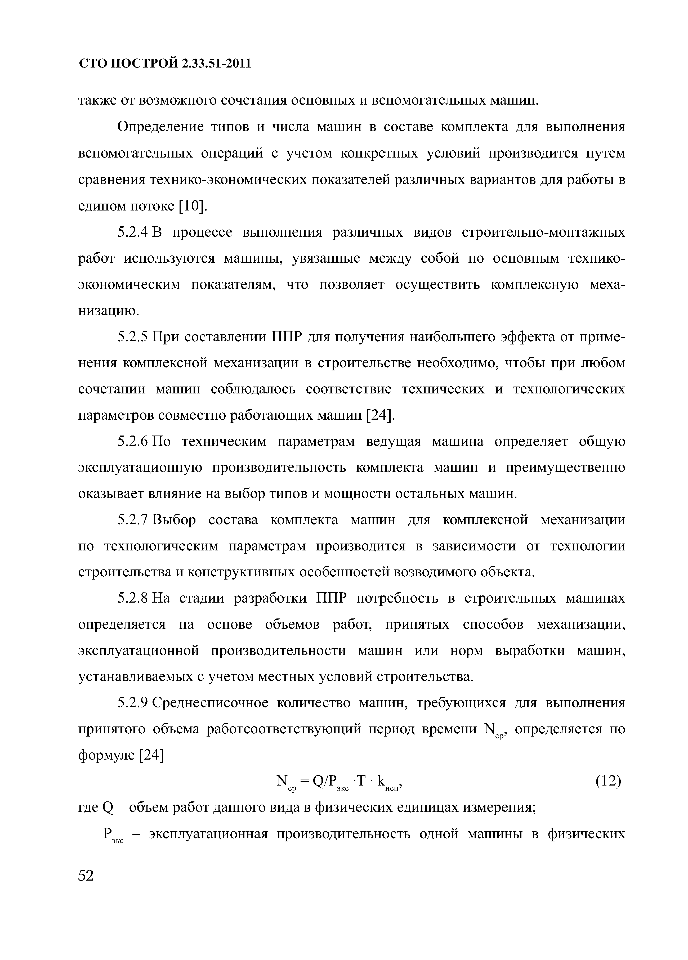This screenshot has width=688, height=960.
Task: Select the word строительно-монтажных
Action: [543, 232]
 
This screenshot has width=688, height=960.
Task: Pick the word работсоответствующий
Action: [284, 729]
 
